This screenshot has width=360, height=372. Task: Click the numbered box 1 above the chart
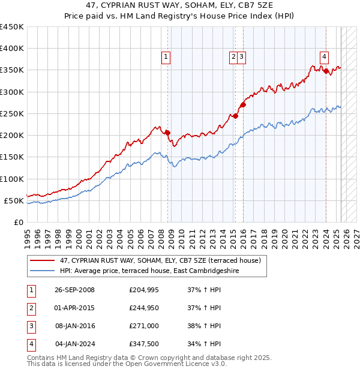pyautogui.click(x=165, y=57)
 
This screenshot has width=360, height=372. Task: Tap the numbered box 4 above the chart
pyautogui.click(x=324, y=57)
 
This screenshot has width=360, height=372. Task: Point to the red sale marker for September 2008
pyautogui.click(x=167, y=133)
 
